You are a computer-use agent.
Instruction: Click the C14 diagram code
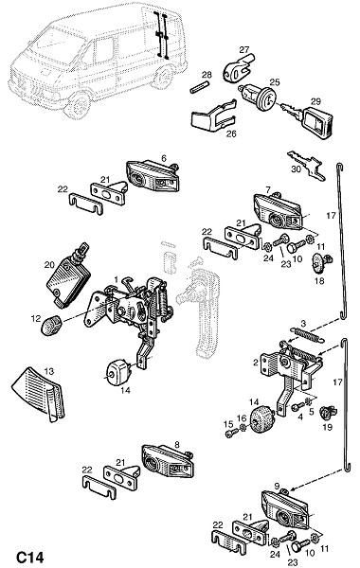[30, 558]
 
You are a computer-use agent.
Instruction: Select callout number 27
[244, 49]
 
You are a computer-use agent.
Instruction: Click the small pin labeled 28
[200, 87]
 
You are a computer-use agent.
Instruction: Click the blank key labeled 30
[306, 166]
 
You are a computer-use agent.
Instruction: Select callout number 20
[49, 265]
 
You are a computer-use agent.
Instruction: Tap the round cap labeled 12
[50, 325]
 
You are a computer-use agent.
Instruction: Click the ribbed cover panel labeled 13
[38, 393]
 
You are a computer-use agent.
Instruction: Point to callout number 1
[116, 279]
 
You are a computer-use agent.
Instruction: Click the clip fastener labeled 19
[327, 413]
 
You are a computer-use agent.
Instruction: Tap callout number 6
[164, 158]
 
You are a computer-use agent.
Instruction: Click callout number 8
[177, 445]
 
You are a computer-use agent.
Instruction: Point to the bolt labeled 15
[230, 433]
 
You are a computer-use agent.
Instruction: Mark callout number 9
[278, 486]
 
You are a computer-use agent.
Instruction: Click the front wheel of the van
[78, 104]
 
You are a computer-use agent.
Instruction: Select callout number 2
[256, 362]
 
